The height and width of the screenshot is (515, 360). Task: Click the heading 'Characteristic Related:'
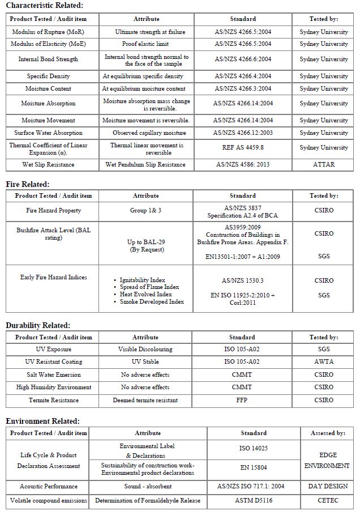(44, 6)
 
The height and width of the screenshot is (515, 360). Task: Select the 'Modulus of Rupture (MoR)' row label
(48, 32)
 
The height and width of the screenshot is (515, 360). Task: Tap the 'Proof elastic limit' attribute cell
(146, 44)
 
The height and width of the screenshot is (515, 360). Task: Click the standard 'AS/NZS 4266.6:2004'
(243, 59)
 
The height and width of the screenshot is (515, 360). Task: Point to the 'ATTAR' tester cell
(324, 165)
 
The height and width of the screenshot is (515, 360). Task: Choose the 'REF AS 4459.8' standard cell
(243, 148)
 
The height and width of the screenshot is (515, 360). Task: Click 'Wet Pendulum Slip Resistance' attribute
(145, 165)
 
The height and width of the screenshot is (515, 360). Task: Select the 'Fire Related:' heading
(28, 184)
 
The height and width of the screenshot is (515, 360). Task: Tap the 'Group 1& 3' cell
(145, 211)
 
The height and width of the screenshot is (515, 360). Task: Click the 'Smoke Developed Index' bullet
(152, 302)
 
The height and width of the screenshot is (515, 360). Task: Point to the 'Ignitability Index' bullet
(142, 280)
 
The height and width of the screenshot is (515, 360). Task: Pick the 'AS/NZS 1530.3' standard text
(242, 280)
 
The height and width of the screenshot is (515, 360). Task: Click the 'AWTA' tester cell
(324, 361)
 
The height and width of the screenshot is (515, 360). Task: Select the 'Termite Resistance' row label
(54, 401)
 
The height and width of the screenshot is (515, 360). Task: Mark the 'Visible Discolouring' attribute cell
(145, 350)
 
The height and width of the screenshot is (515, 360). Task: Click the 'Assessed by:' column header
(328, 433)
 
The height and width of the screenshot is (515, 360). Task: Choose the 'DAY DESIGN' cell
(328, 487)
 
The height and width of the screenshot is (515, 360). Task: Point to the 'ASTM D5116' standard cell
(254, 501)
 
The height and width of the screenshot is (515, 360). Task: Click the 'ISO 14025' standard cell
(254, 448)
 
